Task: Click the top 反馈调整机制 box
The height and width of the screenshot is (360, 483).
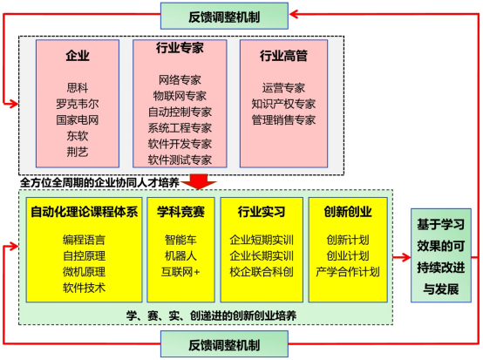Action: [x=224, y=16]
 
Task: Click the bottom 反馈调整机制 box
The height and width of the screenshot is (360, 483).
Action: [x=224, y=344]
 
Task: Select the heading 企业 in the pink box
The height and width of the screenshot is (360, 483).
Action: [x=78, y=56]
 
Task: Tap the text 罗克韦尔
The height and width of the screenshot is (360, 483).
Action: [x=78, y=104]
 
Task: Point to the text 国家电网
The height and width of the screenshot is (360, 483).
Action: [x=78, y=119]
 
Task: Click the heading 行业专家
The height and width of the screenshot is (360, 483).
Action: [x=180, y=48]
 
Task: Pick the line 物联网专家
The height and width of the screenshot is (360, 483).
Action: [x=180, y=96]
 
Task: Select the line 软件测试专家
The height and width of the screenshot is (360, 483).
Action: [x=180, y=160]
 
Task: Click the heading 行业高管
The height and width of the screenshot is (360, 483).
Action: [x=283, y=56]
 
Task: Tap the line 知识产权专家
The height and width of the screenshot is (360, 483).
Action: [x=283, y=104]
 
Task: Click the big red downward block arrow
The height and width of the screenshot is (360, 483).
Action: [x=199, y=181]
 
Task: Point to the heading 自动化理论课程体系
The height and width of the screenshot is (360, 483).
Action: [x=84, y=212]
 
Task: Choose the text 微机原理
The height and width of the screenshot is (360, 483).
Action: [x=84, y=272]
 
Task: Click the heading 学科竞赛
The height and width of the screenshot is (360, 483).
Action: [x=180, y=212]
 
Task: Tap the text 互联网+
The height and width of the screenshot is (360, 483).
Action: [x=180, y=272]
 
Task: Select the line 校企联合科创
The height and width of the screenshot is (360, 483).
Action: [x=262, y=272]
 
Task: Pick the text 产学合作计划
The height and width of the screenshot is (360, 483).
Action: [x=348, y=272]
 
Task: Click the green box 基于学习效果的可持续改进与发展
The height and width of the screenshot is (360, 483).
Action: [x=441, y=255]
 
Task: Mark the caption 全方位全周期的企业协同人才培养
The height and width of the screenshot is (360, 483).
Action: [x=99, y=183]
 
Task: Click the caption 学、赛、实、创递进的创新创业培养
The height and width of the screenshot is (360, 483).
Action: [x=211, y=316]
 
